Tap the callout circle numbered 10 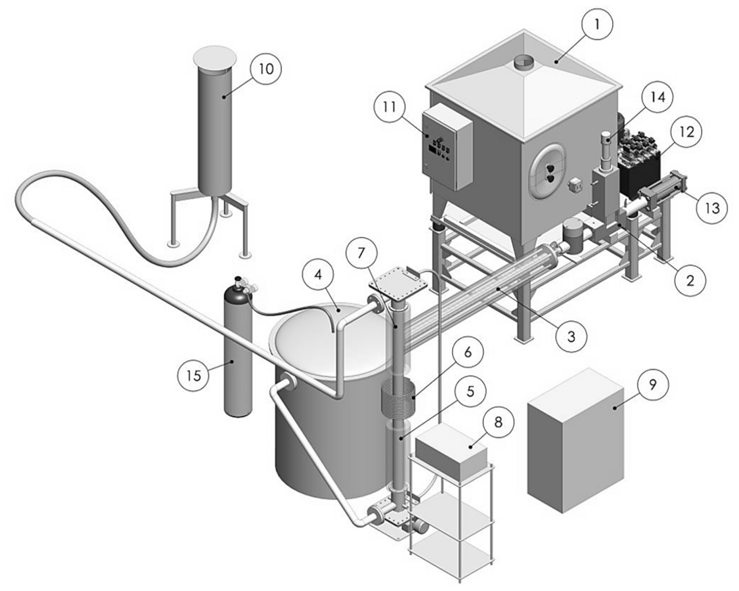(266, 68)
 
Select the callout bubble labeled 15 (194, 375)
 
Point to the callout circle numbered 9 (653, 384)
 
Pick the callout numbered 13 (712, 207)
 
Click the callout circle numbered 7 (361, 252)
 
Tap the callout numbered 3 (571, 336)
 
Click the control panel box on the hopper (446, 147)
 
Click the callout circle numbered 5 (470, 391)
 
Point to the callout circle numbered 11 (390, 106)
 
